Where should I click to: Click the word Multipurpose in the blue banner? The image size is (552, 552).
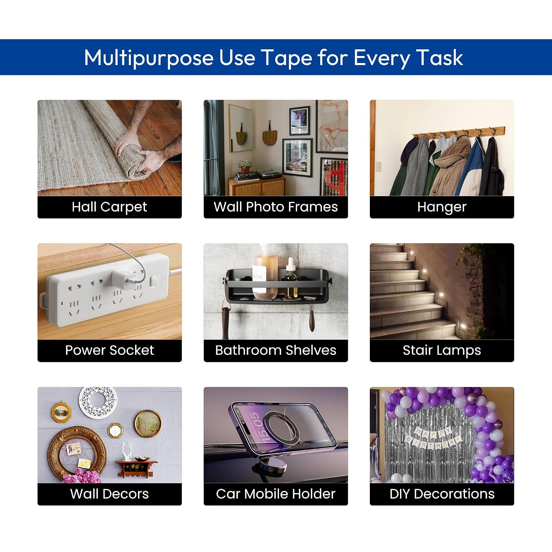pyautogui.click(x=149, y=58)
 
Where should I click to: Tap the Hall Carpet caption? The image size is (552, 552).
pyautogui.click(x=109, y=207)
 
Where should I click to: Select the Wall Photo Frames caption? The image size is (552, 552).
pyautogui.click(x=276, y=207)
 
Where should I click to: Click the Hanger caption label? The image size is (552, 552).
pyautogui.click(x=442, y=207)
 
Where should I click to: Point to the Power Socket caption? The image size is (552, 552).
pyautogui.click(x=109, y=350)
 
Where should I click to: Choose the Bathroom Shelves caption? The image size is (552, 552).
pyautogui.click(x=276, y=350)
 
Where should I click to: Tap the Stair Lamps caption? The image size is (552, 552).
pyautogui.click(x=442, y=350)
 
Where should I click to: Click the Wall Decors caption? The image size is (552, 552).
pyautogui.click(x=109, y=493)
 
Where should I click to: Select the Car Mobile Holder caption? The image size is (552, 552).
pyautogui.click(x=276, y=493)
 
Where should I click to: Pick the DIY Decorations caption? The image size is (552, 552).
pyautogui.click(x=442, y=493)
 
